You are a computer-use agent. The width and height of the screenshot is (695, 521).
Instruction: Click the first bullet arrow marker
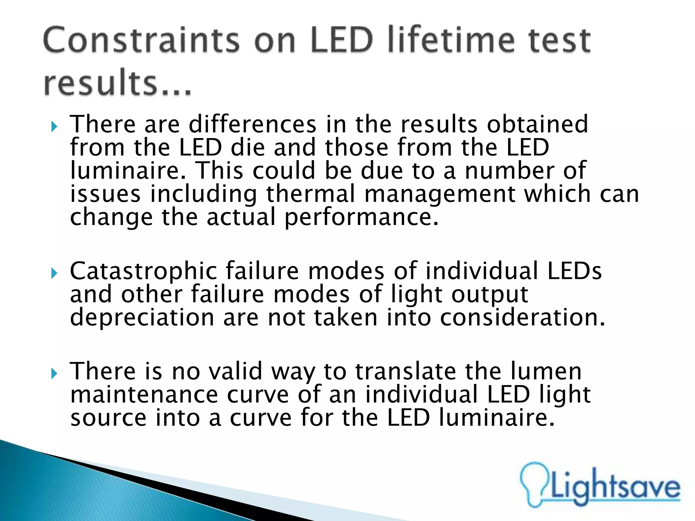54,127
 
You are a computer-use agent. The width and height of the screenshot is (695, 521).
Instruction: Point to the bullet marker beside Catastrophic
54,273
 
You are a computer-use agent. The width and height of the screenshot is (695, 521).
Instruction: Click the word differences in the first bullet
252,124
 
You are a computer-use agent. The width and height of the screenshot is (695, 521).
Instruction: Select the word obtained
538,124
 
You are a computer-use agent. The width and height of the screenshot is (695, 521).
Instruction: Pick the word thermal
311,194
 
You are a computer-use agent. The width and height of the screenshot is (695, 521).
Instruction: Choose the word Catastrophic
143,271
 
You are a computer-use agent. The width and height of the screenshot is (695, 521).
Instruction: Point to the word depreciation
142,318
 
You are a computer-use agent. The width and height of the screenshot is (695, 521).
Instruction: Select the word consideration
522,318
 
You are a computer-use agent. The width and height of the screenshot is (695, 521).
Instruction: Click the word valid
236,371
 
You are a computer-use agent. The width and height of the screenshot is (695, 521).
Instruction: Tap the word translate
406,371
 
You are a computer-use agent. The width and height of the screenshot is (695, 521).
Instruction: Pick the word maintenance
144,394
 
